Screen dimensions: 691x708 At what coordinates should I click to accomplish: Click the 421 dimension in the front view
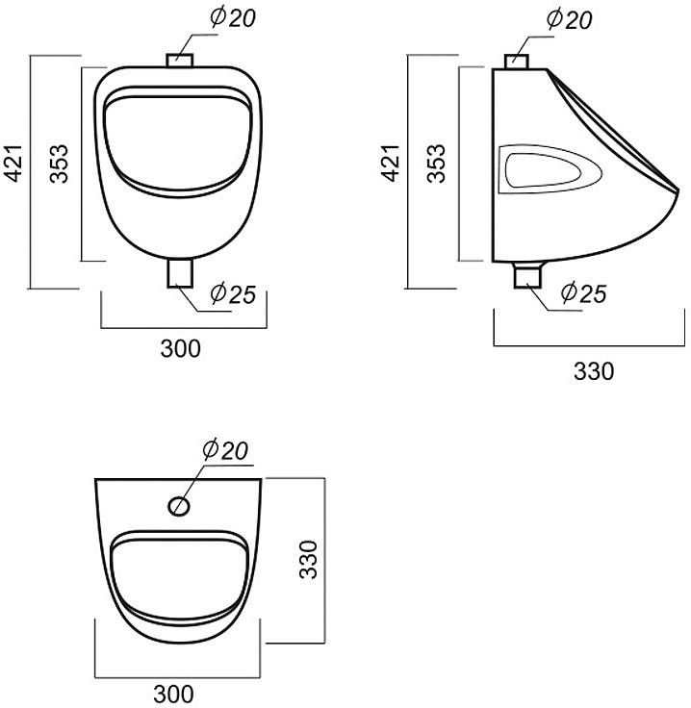point(13,163)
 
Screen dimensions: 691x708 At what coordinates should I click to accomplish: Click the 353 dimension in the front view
point(59,164)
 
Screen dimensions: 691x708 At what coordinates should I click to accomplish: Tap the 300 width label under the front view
point(181,349)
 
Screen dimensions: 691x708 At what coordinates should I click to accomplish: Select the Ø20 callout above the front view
point(233,18)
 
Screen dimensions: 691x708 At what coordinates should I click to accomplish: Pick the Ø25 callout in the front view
point(233,294)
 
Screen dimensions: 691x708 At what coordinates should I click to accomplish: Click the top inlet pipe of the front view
point(180,61)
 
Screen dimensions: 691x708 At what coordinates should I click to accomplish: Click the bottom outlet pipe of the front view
point(180,273)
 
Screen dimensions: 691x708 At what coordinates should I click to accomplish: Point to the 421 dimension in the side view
point(391,163)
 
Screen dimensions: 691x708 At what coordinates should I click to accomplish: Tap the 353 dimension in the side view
point(436,164)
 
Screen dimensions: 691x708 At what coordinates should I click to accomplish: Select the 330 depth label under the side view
point(594,371)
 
